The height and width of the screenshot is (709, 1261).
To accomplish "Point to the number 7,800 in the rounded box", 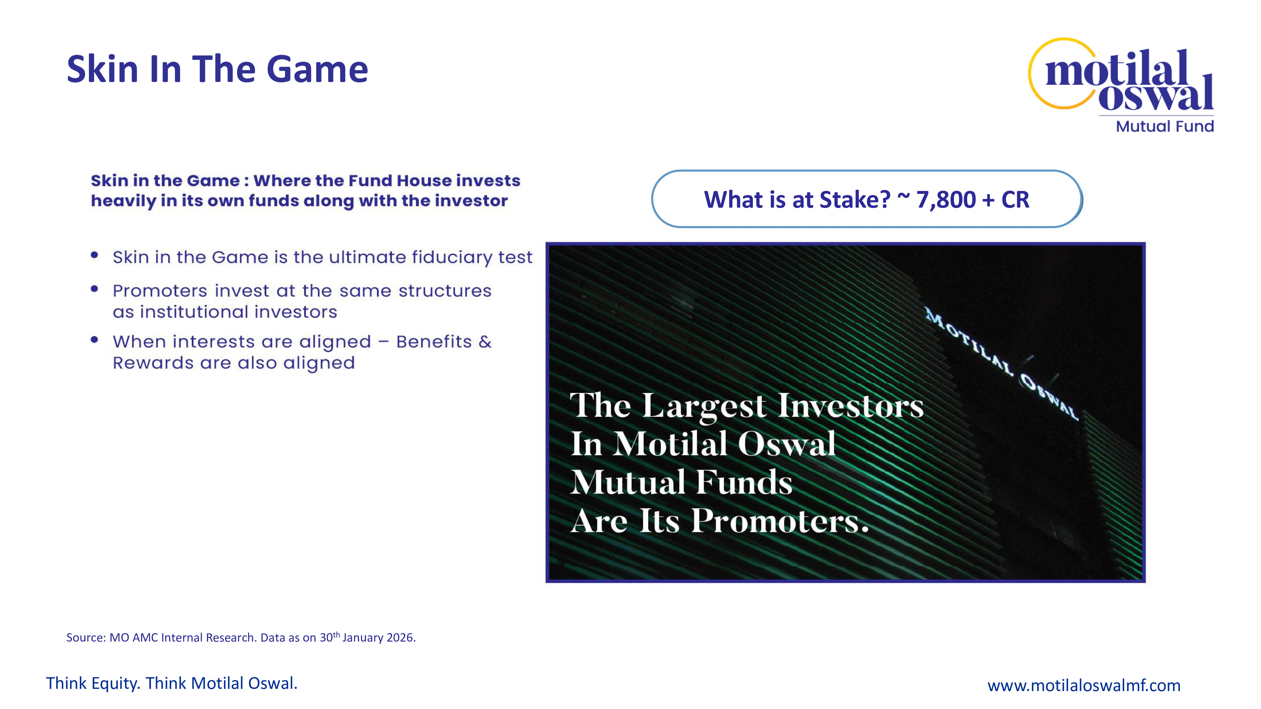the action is coord(946,200).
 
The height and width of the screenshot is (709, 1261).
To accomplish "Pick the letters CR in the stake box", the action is coord(1015,200).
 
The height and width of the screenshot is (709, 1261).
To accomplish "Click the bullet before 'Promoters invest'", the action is coord(95,289).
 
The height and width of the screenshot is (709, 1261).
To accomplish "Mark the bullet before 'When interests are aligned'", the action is coord(95,340).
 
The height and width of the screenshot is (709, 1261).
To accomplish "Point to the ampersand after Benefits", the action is coord(485,342).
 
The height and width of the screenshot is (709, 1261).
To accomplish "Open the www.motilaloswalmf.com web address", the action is coord(1084,685).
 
